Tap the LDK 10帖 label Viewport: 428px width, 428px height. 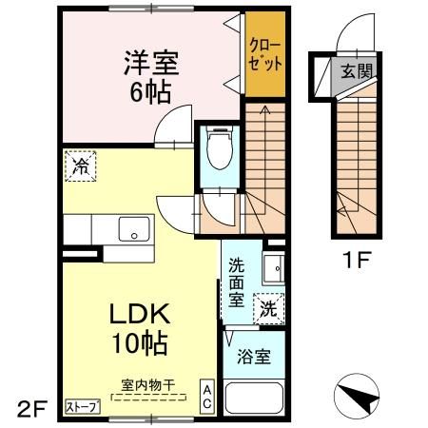144,328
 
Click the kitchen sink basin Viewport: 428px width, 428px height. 133,229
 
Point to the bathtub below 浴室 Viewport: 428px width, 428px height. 252,399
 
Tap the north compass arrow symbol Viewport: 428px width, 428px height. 362,395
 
